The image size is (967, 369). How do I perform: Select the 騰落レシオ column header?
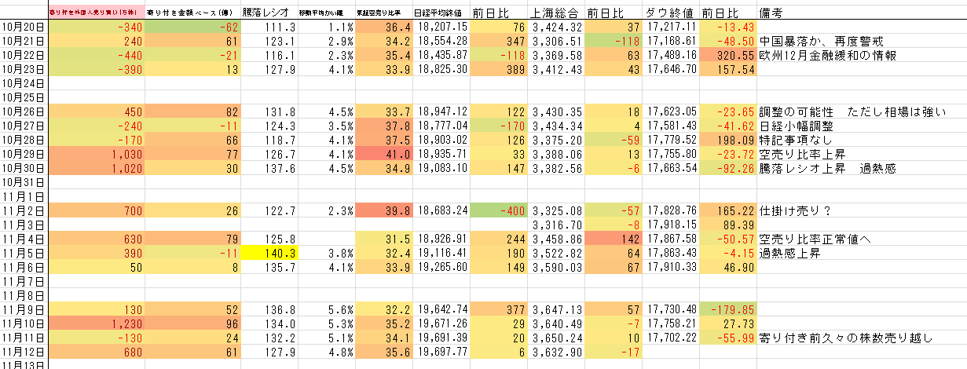pos(266,13)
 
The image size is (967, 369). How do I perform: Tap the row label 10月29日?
pos(23,154)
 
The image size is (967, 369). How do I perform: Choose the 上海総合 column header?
pos(557,13)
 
